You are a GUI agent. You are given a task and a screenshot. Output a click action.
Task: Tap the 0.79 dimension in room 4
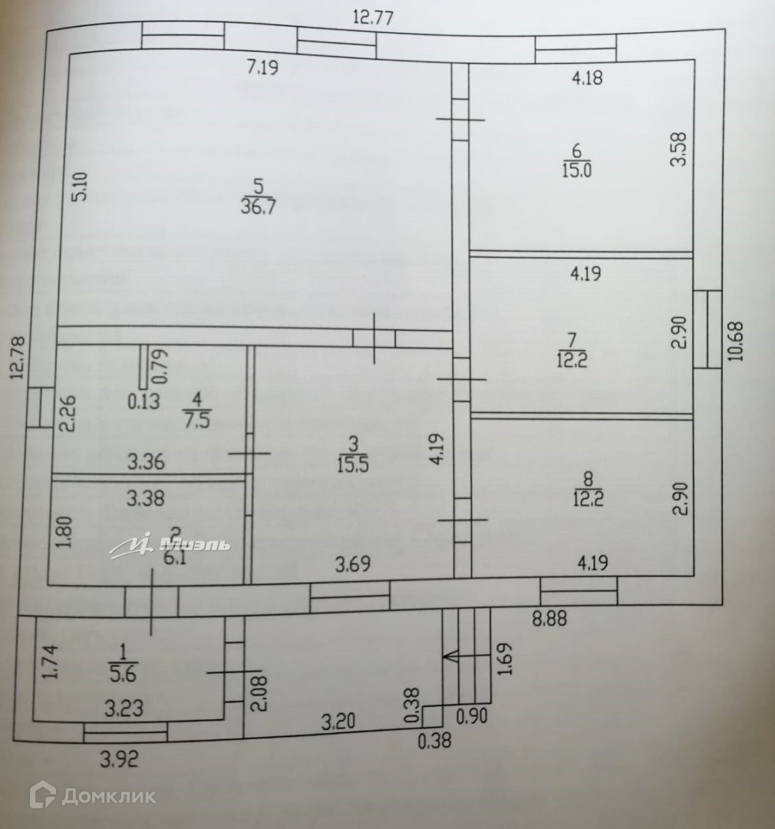point(160,367)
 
